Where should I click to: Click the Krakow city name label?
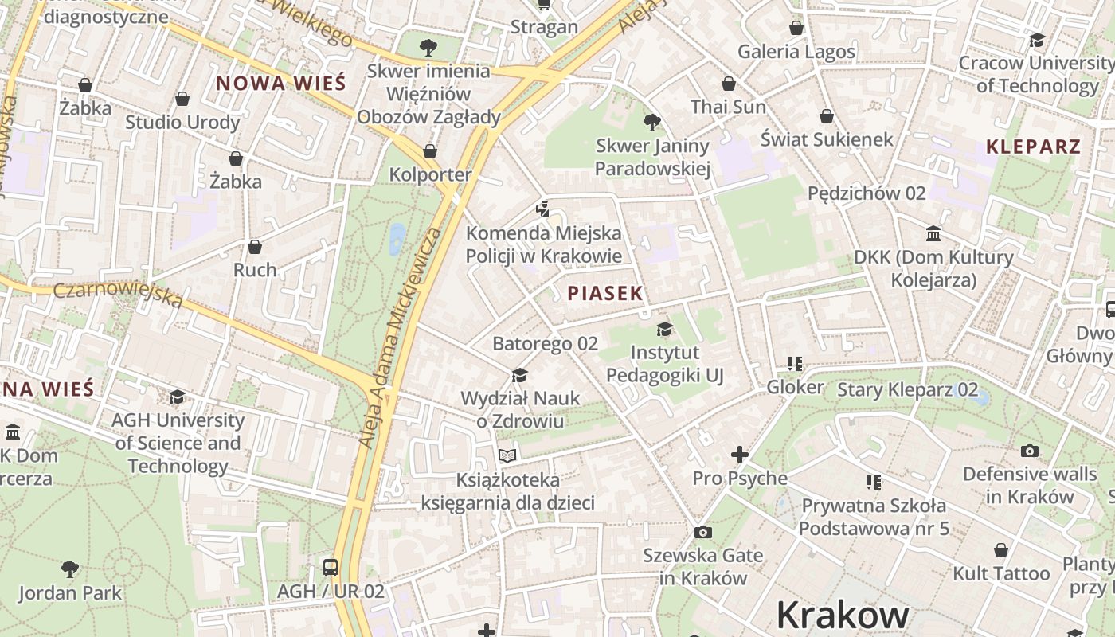pyautogui.click(x=843, y=615)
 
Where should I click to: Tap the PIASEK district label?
pyautogui.click(x=604, y=293)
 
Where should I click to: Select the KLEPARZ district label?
pyautogui.click(x=1033, y=147)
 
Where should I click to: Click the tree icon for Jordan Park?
pyautogui.click(x=70, y=569)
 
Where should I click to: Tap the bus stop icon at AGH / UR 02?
pyautogui.click(x=331, y=568)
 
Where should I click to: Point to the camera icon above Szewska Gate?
pyautogui.click(x=702, y=532)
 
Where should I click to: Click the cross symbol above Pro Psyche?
pyautogui.click(x=740, y=455)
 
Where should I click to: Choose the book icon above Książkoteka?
pyautogui.click(x=507, y=456)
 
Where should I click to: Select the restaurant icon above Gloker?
pyautogui.click(x=794, y=364)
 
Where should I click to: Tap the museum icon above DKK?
pyautogui.click(x=933, y=234)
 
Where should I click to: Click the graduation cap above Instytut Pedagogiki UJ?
pyautogui.click(x=664, y=329)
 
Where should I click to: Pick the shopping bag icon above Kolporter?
pyautogui.click(x=430, y=151)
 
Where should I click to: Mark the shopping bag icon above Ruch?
pyautogui.click(x=255, y=247)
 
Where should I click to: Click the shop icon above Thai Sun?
pyautogui.click(x=728, y=84)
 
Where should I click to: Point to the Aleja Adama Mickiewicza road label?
pyautogui.click(x=400, y=337)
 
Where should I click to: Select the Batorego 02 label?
pyautogui.click(x=545, y=344)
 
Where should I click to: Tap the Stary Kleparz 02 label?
pyautogui.click(x=907, y=389)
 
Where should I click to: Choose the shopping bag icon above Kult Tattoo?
pyautogui.click(x=1001, y=550)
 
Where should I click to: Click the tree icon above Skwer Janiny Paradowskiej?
pyautogui.click(x=652, y=122)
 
